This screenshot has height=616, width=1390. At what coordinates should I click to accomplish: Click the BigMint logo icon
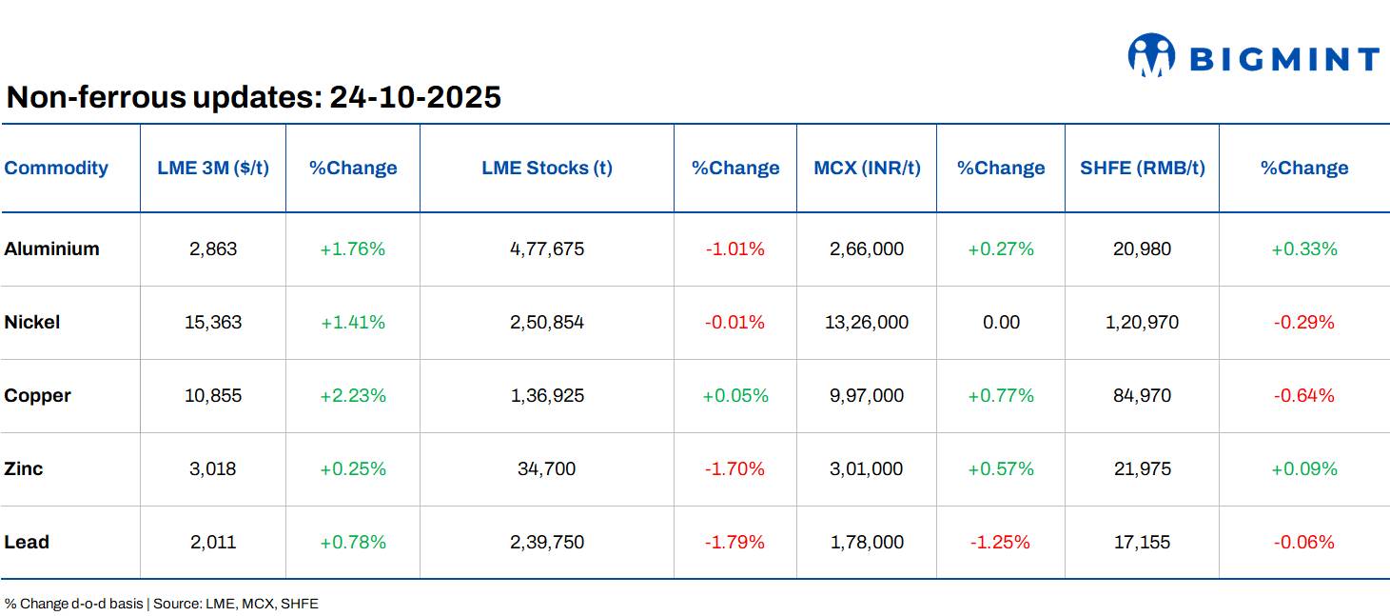tap(1151, 56)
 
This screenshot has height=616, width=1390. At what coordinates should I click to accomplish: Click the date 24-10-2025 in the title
tap(415, 97)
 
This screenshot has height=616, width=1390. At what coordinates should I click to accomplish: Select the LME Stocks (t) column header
tap(547, 169)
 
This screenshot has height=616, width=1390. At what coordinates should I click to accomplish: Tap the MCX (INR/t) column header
tap(867, 169)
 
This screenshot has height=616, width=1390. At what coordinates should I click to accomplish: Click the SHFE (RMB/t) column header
tap(1142, 169)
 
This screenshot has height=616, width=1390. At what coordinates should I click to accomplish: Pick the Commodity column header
tap(56, 169)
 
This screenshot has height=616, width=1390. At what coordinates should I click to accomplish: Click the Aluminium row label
tap(51, 249)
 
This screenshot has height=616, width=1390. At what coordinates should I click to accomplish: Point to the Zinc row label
tap(24, 469)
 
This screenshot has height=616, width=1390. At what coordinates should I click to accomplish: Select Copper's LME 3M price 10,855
tap(213, 396)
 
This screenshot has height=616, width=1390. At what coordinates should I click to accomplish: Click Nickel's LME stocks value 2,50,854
tap(547, 323)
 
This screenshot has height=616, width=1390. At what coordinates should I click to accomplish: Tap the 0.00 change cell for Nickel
tap(1001, 323)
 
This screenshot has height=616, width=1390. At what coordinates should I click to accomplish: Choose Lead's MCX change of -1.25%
tap(1000, 543)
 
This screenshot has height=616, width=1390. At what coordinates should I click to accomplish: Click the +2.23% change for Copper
tap(353, 396)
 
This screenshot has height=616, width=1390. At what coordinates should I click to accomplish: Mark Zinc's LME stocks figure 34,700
tap(547, 469)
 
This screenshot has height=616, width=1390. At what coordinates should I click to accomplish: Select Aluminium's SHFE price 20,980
tap(1142, 249)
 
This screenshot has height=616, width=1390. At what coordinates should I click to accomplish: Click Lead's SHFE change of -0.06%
tap(1303, 543)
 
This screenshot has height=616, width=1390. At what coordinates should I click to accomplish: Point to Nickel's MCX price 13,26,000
tap(867, 323)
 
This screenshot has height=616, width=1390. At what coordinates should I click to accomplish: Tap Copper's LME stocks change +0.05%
tap(735, 396)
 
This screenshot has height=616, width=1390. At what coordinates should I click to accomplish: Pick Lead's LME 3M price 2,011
tap(213, 543)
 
